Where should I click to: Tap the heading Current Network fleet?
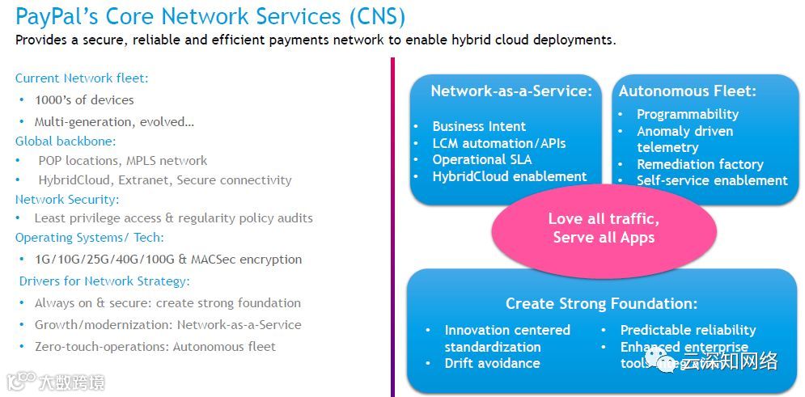(x=82, y=78)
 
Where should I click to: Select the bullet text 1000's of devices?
(x=84, y=100)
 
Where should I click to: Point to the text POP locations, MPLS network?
(x=122, y=160)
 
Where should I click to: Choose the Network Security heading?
(x=67, y=199)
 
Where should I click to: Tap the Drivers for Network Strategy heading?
(x=104, y=281)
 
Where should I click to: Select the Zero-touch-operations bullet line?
(x=155, y=347)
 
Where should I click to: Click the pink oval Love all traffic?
(x=604, y=228)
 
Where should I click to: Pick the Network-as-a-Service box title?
(x=511, y=91)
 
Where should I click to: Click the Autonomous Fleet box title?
(x=687, y=91)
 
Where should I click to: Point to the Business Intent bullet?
(x=479, y=126)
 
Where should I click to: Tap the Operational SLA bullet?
(x=481, y=159)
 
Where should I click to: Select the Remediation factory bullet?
(x=700, y=164)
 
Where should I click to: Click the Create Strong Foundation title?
(x=601, y=304)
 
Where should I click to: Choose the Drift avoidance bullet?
(x=492, y=363)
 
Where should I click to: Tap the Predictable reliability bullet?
(x=688, y=330)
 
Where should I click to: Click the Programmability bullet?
(x=688, y=114)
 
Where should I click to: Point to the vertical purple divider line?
(x=393, y=226)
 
